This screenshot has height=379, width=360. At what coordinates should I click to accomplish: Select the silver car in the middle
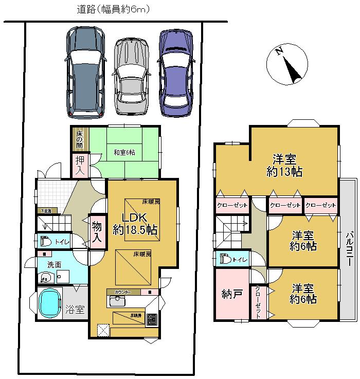click(132, 76)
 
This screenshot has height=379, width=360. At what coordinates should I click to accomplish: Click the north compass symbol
click(287, 64)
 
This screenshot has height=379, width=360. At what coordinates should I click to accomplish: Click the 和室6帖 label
click(124, 152)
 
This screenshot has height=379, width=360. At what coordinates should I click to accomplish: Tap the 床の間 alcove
click(80, 139)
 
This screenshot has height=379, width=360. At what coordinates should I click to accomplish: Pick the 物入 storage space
click(97, 231)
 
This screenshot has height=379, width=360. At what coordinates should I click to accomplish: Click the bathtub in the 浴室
click(49, 306)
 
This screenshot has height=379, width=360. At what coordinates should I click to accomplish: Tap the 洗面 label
click(55, 264)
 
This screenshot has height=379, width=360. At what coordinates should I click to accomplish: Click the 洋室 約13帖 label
click(284, 165)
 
